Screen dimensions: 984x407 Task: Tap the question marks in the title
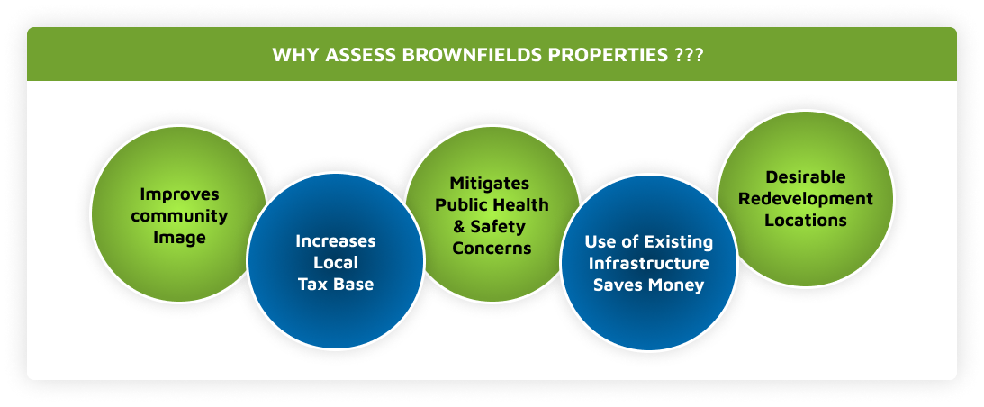tap(689, 55)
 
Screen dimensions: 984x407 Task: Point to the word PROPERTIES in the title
tap(608, 55)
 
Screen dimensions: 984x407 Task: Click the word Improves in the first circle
tap(179, 194)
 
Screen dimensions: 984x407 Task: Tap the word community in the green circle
tap(179, 216)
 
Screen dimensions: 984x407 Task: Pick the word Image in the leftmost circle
tap(179, 238)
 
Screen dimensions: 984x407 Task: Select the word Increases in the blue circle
tap(336, 240)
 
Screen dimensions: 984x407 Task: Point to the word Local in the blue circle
tap(336, 263)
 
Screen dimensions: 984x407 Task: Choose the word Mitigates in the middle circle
tap(490, 184)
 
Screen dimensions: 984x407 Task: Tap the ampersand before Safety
tap(459, 226)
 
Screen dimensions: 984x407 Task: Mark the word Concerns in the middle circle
tap(492, 248)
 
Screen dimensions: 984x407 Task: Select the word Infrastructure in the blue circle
tap(649, 263)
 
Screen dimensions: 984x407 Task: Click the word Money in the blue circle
tap(676, 285)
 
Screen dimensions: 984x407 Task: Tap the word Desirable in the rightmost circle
tap(806, 177)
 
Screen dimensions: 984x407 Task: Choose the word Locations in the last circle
tap(806, 221)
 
